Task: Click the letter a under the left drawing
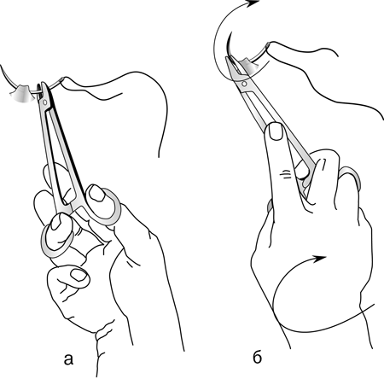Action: click(68, 359)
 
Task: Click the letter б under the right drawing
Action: click(257, 358)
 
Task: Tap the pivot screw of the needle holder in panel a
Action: click(45, 102)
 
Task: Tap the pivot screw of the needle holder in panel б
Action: click(244, 84)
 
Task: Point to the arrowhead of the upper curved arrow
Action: click(253, 3)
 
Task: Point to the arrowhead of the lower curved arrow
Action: click(320, 259)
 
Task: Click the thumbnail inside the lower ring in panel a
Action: click(55, 222)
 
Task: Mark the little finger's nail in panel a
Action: click(79, 275)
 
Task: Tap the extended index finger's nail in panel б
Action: click(276, 131)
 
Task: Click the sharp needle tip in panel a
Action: click(2, 66)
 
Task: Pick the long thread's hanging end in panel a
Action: click(159, 156)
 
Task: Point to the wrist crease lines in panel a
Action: click(104, 335)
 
